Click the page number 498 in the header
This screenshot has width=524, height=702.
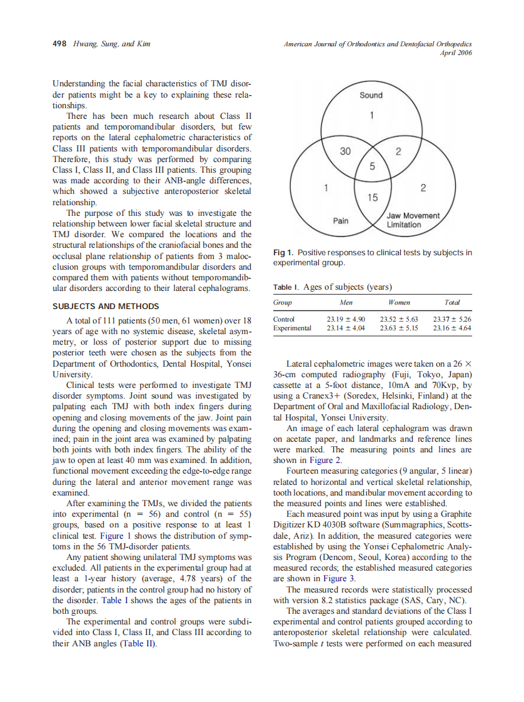click(60, 44)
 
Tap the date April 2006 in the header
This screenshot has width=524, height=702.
click(456, 53)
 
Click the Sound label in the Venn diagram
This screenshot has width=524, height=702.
click(371, 95)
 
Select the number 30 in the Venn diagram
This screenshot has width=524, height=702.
click(345, 151)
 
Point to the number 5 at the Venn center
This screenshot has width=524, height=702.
click(372, 166)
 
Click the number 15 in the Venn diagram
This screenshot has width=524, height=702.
click(372, 198)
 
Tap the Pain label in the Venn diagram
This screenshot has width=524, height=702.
click(341, 221)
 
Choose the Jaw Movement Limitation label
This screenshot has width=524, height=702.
click(413, 220)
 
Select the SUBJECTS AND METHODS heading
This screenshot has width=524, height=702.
click(106, 306)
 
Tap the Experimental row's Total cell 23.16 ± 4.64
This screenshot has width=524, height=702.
click(451, 328)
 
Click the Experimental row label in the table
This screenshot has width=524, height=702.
click(292, 328)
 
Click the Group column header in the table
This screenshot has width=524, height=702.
click(283, 302)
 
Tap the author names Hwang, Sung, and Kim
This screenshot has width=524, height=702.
click(111, 44)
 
